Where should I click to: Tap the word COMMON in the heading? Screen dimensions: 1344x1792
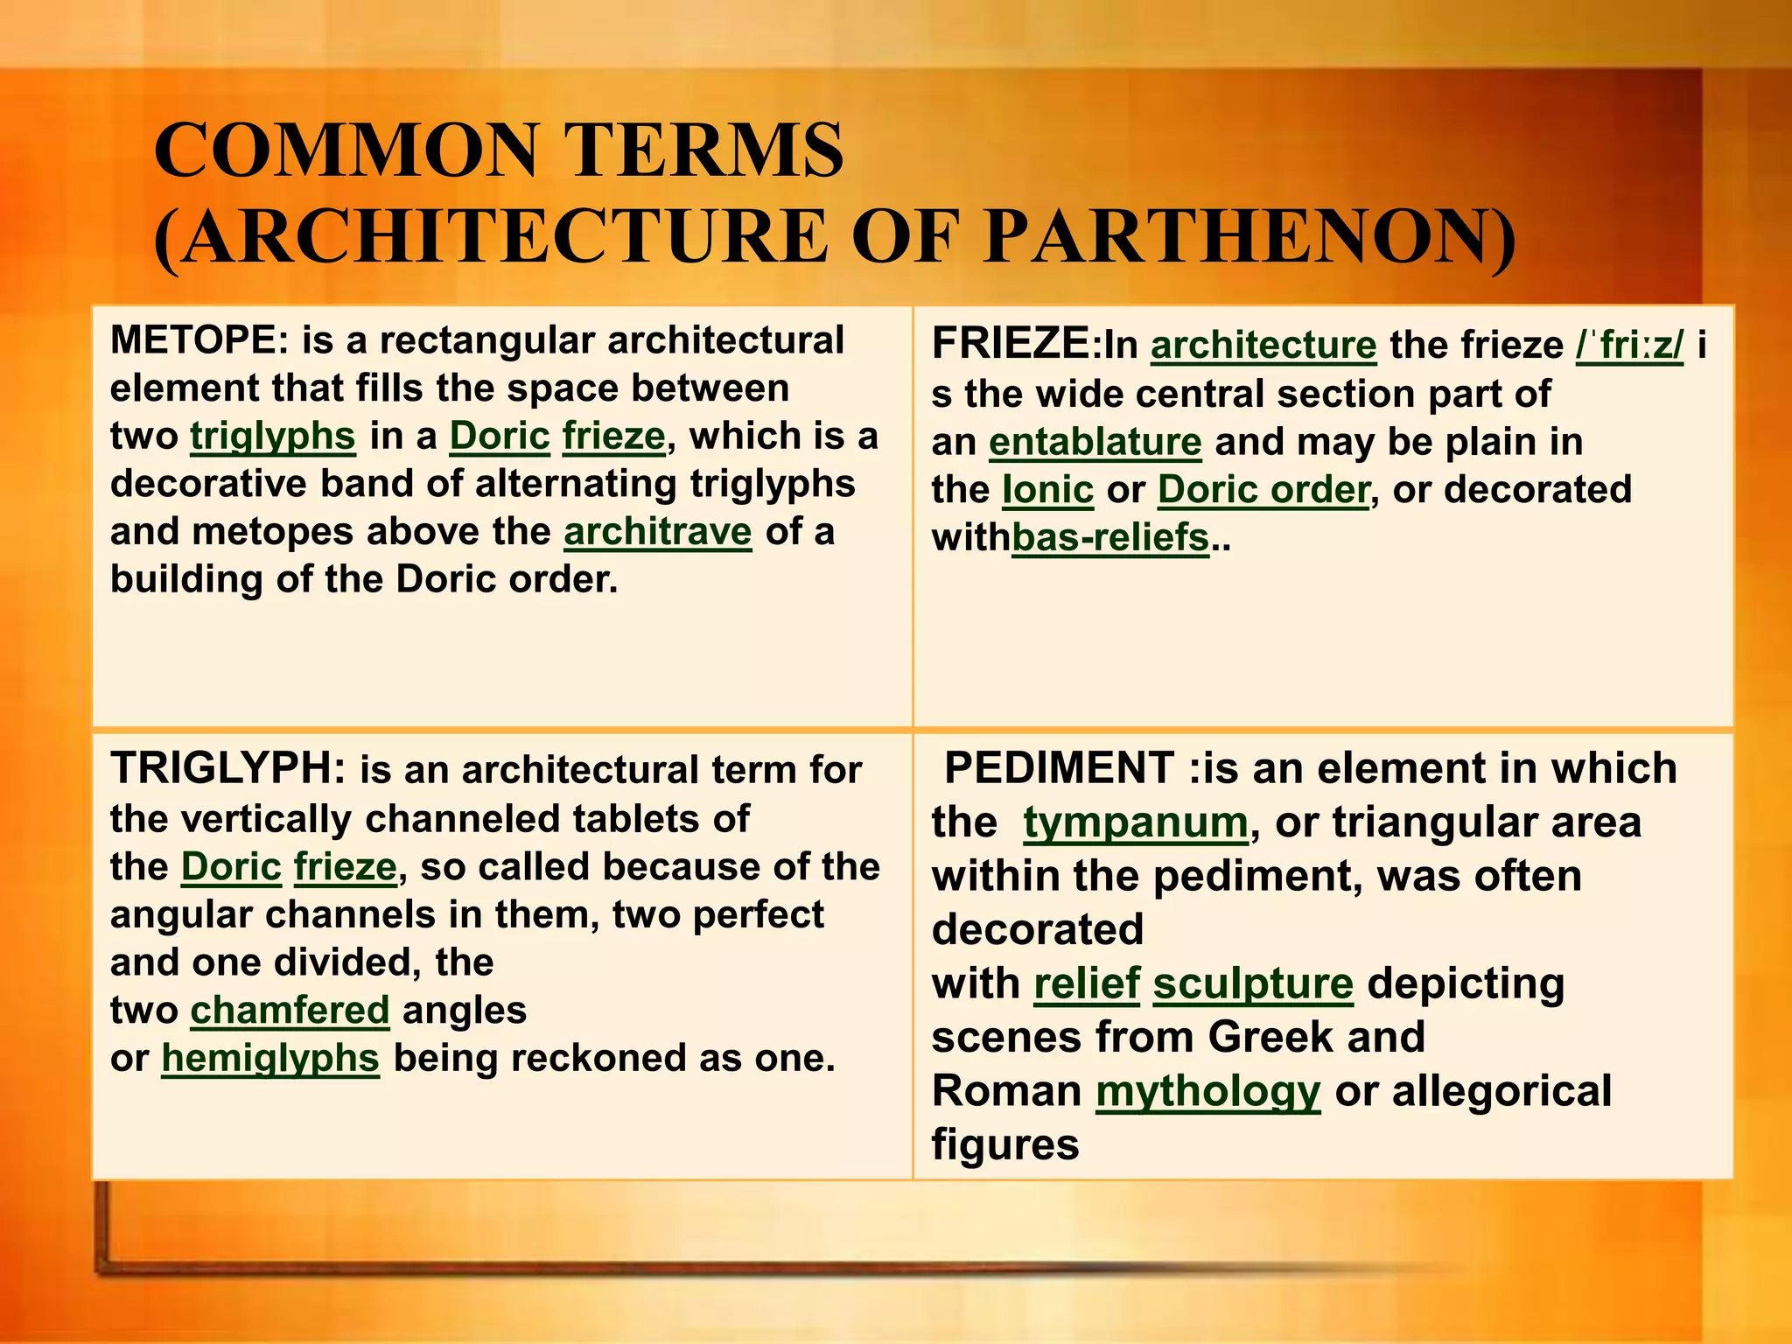[x=346, y=150]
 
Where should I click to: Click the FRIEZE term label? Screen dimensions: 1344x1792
[x=1011, y=343]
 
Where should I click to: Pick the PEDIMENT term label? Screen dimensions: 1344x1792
[x=1059, y=768]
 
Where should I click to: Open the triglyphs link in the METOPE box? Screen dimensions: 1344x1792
[x=273, y=436]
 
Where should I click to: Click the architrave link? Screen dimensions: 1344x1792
[x=658, y=531]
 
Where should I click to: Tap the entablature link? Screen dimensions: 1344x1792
[x=1095, y=442]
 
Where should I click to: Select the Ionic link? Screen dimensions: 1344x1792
[x=1048, y=490]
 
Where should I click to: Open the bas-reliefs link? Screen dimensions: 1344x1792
[x=1110, y=537]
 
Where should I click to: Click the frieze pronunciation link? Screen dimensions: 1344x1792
[x=1629, y=345]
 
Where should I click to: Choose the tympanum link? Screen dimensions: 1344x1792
[x=1136, y=822]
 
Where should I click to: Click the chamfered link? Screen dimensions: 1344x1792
[x=290, y=1011]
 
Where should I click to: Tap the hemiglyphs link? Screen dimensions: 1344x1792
[x=270, y=1058]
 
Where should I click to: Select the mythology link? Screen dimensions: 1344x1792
[x=1207, y=1091]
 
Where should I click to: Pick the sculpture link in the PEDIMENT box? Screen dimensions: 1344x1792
[x=1253, y=983]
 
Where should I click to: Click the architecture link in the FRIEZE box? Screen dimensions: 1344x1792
[x=1263, y=345]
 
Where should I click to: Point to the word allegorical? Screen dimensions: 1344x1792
[x=1501, y=1091]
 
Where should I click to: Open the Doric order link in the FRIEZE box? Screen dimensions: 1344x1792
[x=1263, y=490]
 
